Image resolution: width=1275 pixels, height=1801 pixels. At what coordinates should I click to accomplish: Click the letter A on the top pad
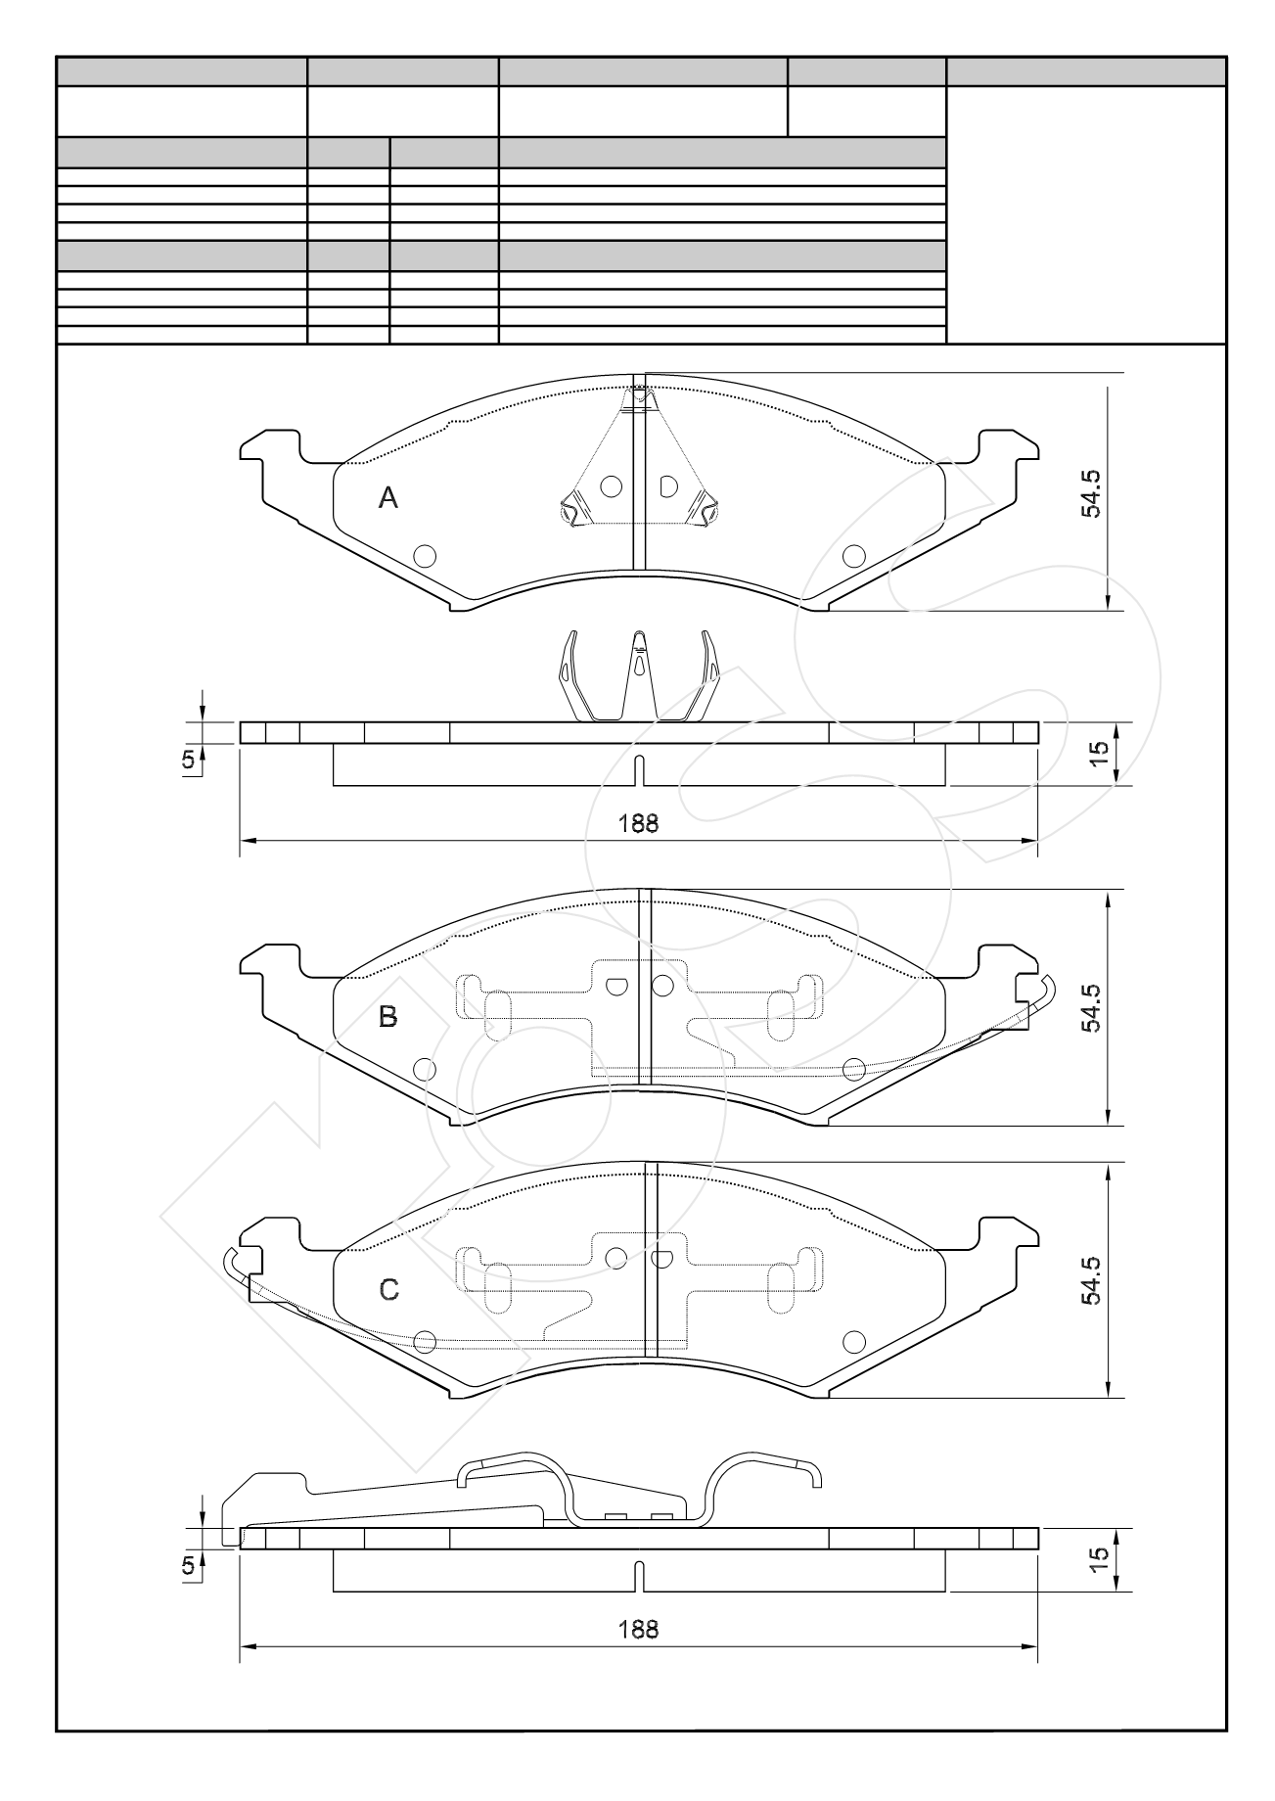pos(388,499)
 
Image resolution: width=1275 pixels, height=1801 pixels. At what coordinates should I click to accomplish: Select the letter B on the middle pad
pos(388,1017)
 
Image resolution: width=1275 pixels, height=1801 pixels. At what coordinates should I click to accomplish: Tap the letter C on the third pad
pos(388,1290)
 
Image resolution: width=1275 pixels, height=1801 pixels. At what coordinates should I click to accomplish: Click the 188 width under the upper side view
pos(638,823)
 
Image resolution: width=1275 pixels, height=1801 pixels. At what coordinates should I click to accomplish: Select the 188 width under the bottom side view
pos(638,1630)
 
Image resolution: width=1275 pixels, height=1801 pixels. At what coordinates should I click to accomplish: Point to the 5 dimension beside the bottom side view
pos(187,1566)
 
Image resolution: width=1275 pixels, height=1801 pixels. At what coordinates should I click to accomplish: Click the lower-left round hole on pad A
pos(425,556)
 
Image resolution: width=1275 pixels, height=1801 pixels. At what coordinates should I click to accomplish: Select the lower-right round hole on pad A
pos(853,556)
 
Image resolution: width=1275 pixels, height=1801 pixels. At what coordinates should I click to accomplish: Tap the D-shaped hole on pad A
pos(668,485)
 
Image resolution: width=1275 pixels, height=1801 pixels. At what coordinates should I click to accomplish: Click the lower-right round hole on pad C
pos(853,1341)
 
